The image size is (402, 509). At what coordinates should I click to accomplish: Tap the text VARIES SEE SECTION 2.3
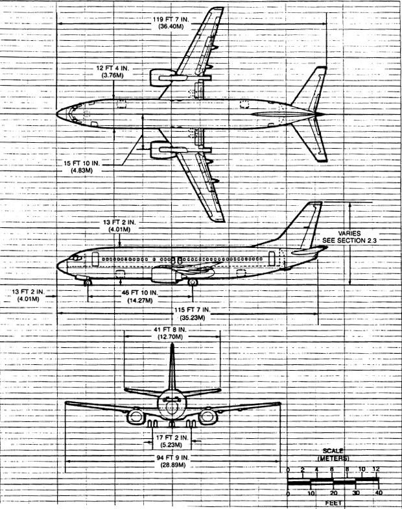(349, 237)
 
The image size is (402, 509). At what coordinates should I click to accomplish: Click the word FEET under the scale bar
(333, 503)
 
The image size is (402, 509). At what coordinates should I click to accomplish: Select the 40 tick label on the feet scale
(379, 493)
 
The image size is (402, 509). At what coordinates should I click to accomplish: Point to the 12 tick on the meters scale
(376, 469)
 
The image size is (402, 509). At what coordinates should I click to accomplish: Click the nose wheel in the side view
(88, 283)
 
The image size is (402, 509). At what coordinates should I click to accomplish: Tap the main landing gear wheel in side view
(193, 282)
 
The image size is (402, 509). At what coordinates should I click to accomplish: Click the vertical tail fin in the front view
(172, 367)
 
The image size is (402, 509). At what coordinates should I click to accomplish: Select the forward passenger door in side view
(95, 259)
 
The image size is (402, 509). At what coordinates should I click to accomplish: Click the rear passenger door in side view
(272, 258)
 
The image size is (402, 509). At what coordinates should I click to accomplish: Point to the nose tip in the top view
(57, 114)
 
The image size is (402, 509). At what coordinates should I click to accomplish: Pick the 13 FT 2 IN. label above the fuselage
(119, 226)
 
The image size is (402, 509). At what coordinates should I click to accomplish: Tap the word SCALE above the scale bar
(333, 451)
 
